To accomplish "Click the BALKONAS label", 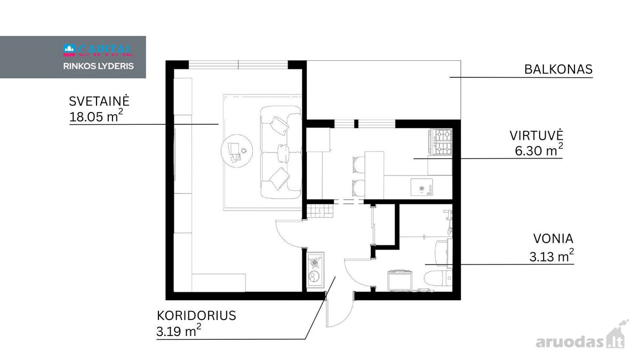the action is [x=558, y=69].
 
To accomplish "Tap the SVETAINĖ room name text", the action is [x=99, y=101].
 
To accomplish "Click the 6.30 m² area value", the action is [x=539, y=150].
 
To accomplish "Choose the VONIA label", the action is [x=553, y=238].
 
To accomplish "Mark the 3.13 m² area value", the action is [x=551, y=255].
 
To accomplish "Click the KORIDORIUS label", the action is [x=196, y=316].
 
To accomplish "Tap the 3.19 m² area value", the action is [x=179, y=331].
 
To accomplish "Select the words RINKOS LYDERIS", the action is [x=98, y=66].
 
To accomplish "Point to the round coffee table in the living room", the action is [x=237, y=150].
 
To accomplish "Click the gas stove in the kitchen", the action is [x=441, y=142].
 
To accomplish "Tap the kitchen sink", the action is [x=421, y=187].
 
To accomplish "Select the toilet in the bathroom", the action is [x=438, y=278].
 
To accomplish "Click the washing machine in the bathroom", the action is [x=399, y=281].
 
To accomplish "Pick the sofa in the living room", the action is [x=281, y=153].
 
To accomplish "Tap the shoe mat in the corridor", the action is [x=315, y=270].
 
